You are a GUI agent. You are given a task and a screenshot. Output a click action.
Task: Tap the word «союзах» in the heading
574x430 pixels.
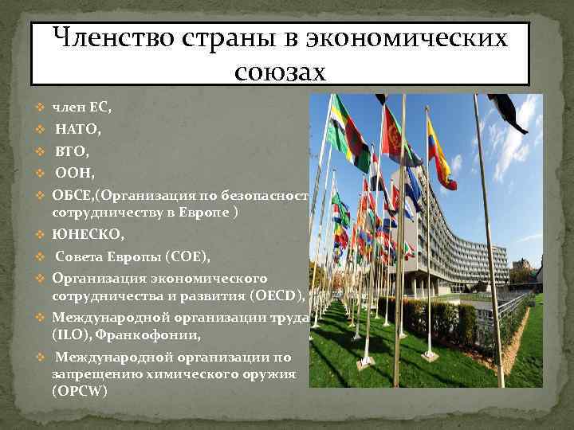click(281, 72)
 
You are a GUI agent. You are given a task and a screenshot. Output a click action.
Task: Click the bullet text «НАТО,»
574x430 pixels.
click(77, 128)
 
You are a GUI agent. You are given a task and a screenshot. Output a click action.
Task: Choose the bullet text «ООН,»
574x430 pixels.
click(74, 172)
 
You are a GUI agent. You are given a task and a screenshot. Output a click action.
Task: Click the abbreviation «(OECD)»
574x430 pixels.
click(276, 296)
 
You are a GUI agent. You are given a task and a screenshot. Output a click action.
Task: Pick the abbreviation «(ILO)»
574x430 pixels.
click(72, 334)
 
